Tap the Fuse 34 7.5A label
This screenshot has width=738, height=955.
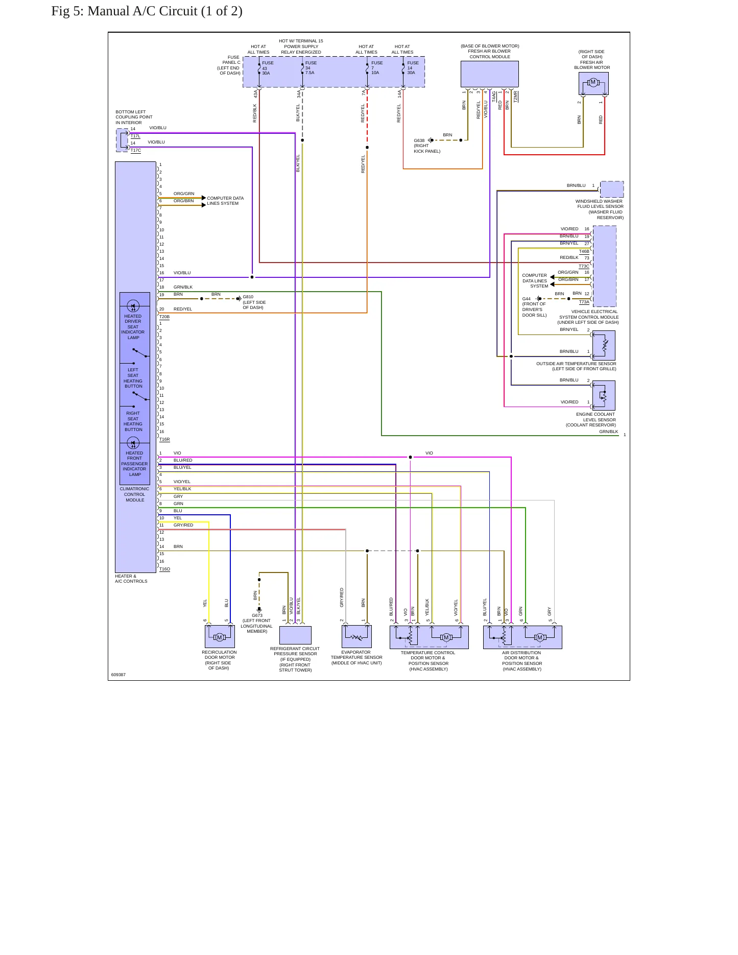coord(311,68)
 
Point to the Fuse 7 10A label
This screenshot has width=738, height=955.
coord(376,68)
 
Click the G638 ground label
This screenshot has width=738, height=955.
coord(419,140)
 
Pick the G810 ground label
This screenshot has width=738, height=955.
coord(248,297)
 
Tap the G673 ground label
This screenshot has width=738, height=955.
coord(257,615)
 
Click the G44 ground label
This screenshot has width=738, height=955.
coord(526,299)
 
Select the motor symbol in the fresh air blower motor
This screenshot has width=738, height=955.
coord(593,82)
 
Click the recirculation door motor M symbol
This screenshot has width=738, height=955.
coord(220,637)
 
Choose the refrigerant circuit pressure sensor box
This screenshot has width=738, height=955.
coord(295,635)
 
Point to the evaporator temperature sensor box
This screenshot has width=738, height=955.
coord(356,636)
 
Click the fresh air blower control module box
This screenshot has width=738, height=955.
coord(490,75)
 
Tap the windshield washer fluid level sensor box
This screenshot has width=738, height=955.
coord(612,189)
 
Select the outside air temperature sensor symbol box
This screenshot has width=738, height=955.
coord(604,345)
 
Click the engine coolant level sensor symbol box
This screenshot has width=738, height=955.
coord(604,395)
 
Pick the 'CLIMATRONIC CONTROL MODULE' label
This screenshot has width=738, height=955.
coord(135,494)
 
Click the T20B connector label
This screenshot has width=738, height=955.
coord(164,317)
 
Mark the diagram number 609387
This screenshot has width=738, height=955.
coord(118,675)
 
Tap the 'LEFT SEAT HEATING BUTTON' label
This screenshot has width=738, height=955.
coord(133,378)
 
